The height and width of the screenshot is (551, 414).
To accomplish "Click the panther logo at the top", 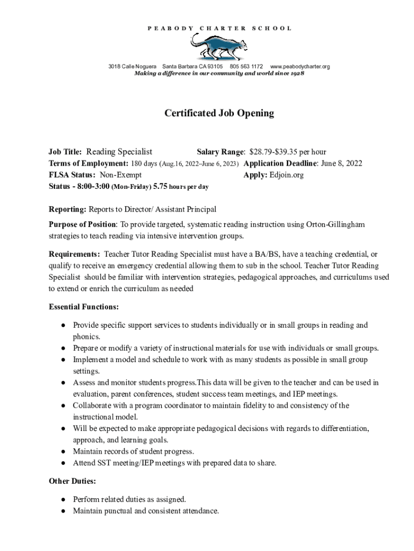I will coord(218,46).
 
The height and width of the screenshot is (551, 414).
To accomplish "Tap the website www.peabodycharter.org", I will coord(299,67).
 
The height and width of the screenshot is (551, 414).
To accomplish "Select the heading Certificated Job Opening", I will coord(219,113).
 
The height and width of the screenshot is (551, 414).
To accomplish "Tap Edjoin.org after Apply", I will coord(287,175).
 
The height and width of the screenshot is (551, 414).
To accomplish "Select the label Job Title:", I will coord(66,152).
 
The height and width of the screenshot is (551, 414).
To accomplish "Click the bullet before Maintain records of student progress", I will coord(63,451).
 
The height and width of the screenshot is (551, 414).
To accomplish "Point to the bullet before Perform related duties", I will coord(63,499).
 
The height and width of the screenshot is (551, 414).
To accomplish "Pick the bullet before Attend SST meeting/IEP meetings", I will coord(63,463).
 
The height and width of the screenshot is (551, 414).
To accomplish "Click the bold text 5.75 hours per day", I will coord(181,187).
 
